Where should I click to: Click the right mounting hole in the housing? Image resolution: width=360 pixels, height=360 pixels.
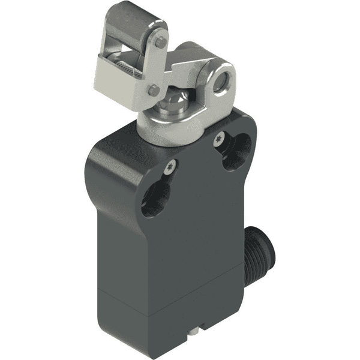[x=236, y=152]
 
